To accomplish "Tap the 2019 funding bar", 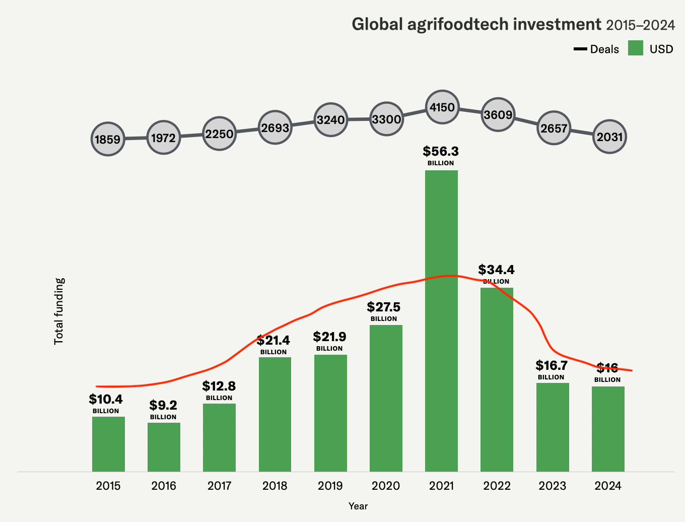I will coord(330,413).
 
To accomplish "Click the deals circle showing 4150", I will coord(442,107).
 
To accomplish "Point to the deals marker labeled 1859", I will coord(108,139).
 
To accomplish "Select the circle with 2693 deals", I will coord(275,127).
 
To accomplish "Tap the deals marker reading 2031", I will coord(609,137).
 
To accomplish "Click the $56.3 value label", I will coord(441,151).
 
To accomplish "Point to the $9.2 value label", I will coord(163,405).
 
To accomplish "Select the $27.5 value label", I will coord(384,307).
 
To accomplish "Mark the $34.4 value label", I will coord(496,270).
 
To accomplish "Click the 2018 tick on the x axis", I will coord(275,486).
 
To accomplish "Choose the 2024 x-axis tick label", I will coord(608,486).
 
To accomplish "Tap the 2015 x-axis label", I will coord(108,486).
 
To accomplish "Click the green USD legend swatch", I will coord(636,48).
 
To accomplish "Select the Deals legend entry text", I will coord(604,49).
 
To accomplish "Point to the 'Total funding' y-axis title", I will coord(59,311).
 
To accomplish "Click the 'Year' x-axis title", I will coord(358,506).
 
